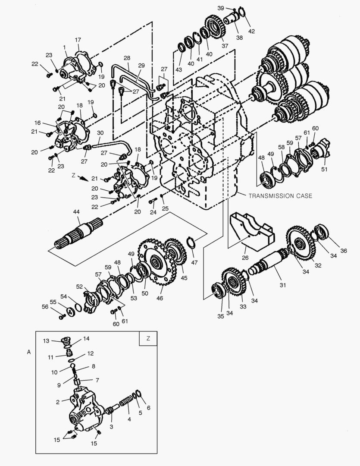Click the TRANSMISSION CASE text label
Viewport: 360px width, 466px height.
tap(280, 195)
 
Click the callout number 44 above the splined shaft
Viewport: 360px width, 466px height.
tap(76, 212)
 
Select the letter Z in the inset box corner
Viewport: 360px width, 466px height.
tap(148, 338)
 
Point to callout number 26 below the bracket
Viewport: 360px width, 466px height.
tap(245, 258)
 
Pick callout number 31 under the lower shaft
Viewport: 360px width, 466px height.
tap(283, 285)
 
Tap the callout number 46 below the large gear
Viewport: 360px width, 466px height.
tap(160, 298)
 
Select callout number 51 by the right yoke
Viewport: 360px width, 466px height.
tap(324, 170)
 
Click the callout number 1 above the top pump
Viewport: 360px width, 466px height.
tap(64, 47)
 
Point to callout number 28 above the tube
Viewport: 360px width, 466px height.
tap(127, 58)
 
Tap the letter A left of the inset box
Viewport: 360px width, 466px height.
tap(29, 352)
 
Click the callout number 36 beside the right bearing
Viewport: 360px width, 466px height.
tap(343, 251)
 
